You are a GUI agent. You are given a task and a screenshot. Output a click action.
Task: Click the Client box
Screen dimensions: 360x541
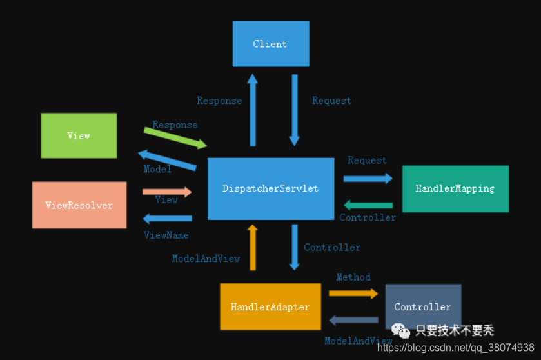pyautogui.click(x=271, y=44)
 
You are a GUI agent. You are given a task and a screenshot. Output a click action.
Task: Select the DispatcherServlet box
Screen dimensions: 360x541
pyautogui.click(x=271, y=188)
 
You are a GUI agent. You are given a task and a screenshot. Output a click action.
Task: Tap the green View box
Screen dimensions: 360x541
pyautogui.click(x=79, y=135)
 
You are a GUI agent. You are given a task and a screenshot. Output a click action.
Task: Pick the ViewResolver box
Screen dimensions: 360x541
pyautogui.click(x=79, y=205)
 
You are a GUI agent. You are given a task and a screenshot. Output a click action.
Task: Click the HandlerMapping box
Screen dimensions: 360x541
pyautogui.click(x=455, y=188)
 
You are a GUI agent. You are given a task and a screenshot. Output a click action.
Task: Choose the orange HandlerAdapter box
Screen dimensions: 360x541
pyautogui.click(x=270, y=307)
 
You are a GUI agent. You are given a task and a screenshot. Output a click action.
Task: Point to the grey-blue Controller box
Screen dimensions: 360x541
pyautogui.click(x=423, y=306)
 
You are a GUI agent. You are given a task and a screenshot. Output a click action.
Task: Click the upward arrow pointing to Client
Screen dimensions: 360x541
pyautogui.click(x=252, y=110)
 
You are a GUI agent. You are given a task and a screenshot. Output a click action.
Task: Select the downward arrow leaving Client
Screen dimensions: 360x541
pyautogui.click(x=295, y=110)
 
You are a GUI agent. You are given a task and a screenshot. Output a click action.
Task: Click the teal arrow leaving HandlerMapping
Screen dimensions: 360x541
pyautogui.click(x=368, y=205)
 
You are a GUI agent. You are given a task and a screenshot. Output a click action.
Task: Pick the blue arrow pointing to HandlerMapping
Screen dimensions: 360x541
pyautogui.click(x=368, y=178)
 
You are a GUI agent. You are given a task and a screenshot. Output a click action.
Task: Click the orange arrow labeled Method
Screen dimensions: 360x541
pyautogui.click(x=353, y=294)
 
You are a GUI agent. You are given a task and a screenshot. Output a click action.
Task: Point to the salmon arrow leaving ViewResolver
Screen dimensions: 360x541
pyautogui.click(x=167, y=192)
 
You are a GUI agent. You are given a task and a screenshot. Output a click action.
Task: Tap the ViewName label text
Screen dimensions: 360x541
pyautogui.click(x=166, y=235)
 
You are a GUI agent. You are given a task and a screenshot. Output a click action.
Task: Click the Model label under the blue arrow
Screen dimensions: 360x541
pyautogui.click(x=157, y=169)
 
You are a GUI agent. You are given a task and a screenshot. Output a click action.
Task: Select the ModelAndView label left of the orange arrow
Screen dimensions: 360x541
pyautogui.click(x=206, y=259)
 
